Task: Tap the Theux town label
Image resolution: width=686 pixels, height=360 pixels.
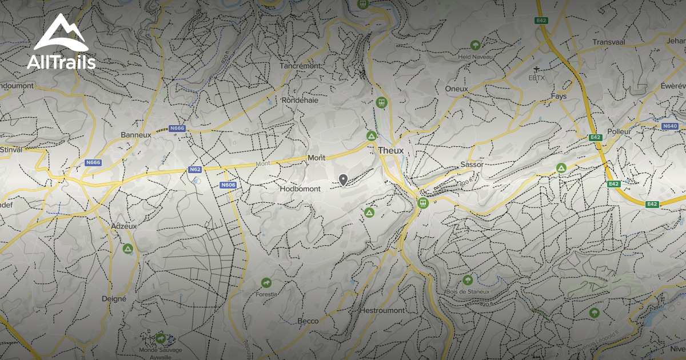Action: click(x=391, y=150)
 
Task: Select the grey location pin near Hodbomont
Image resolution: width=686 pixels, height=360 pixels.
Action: click(x=343, y=180)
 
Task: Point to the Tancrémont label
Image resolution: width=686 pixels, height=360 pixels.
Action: click(x=300, y=66)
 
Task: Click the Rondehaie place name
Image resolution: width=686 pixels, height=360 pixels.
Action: click(x=300, y=100)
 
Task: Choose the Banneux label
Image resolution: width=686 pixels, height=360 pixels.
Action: click(x=135, y=135)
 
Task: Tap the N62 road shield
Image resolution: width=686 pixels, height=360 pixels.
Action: click(x=195, y=169)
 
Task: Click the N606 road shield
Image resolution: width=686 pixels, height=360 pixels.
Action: click(x=228, y=185)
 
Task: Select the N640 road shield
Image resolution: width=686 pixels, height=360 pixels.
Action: click(x=670, y=126)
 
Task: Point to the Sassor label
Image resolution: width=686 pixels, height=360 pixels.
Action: click(x=472, y=165)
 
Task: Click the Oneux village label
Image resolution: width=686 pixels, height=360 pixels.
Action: click(x=456, y=89)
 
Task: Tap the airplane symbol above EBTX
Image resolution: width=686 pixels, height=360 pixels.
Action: click(x=536, y=69)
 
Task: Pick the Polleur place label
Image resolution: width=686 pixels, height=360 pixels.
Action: click(x=619, y=131)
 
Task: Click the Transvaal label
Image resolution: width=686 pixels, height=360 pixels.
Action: click(x=610, y=43)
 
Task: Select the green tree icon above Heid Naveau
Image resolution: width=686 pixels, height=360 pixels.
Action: click(x=474, y=45)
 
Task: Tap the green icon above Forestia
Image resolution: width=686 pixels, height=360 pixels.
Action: click(x=266, y=283)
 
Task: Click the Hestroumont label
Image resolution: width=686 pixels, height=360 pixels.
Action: click(x=382, y=310)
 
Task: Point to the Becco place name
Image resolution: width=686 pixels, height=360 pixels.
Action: click(x=308, y=321)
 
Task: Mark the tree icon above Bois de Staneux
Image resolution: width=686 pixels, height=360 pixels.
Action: click(x=468, y=280)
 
